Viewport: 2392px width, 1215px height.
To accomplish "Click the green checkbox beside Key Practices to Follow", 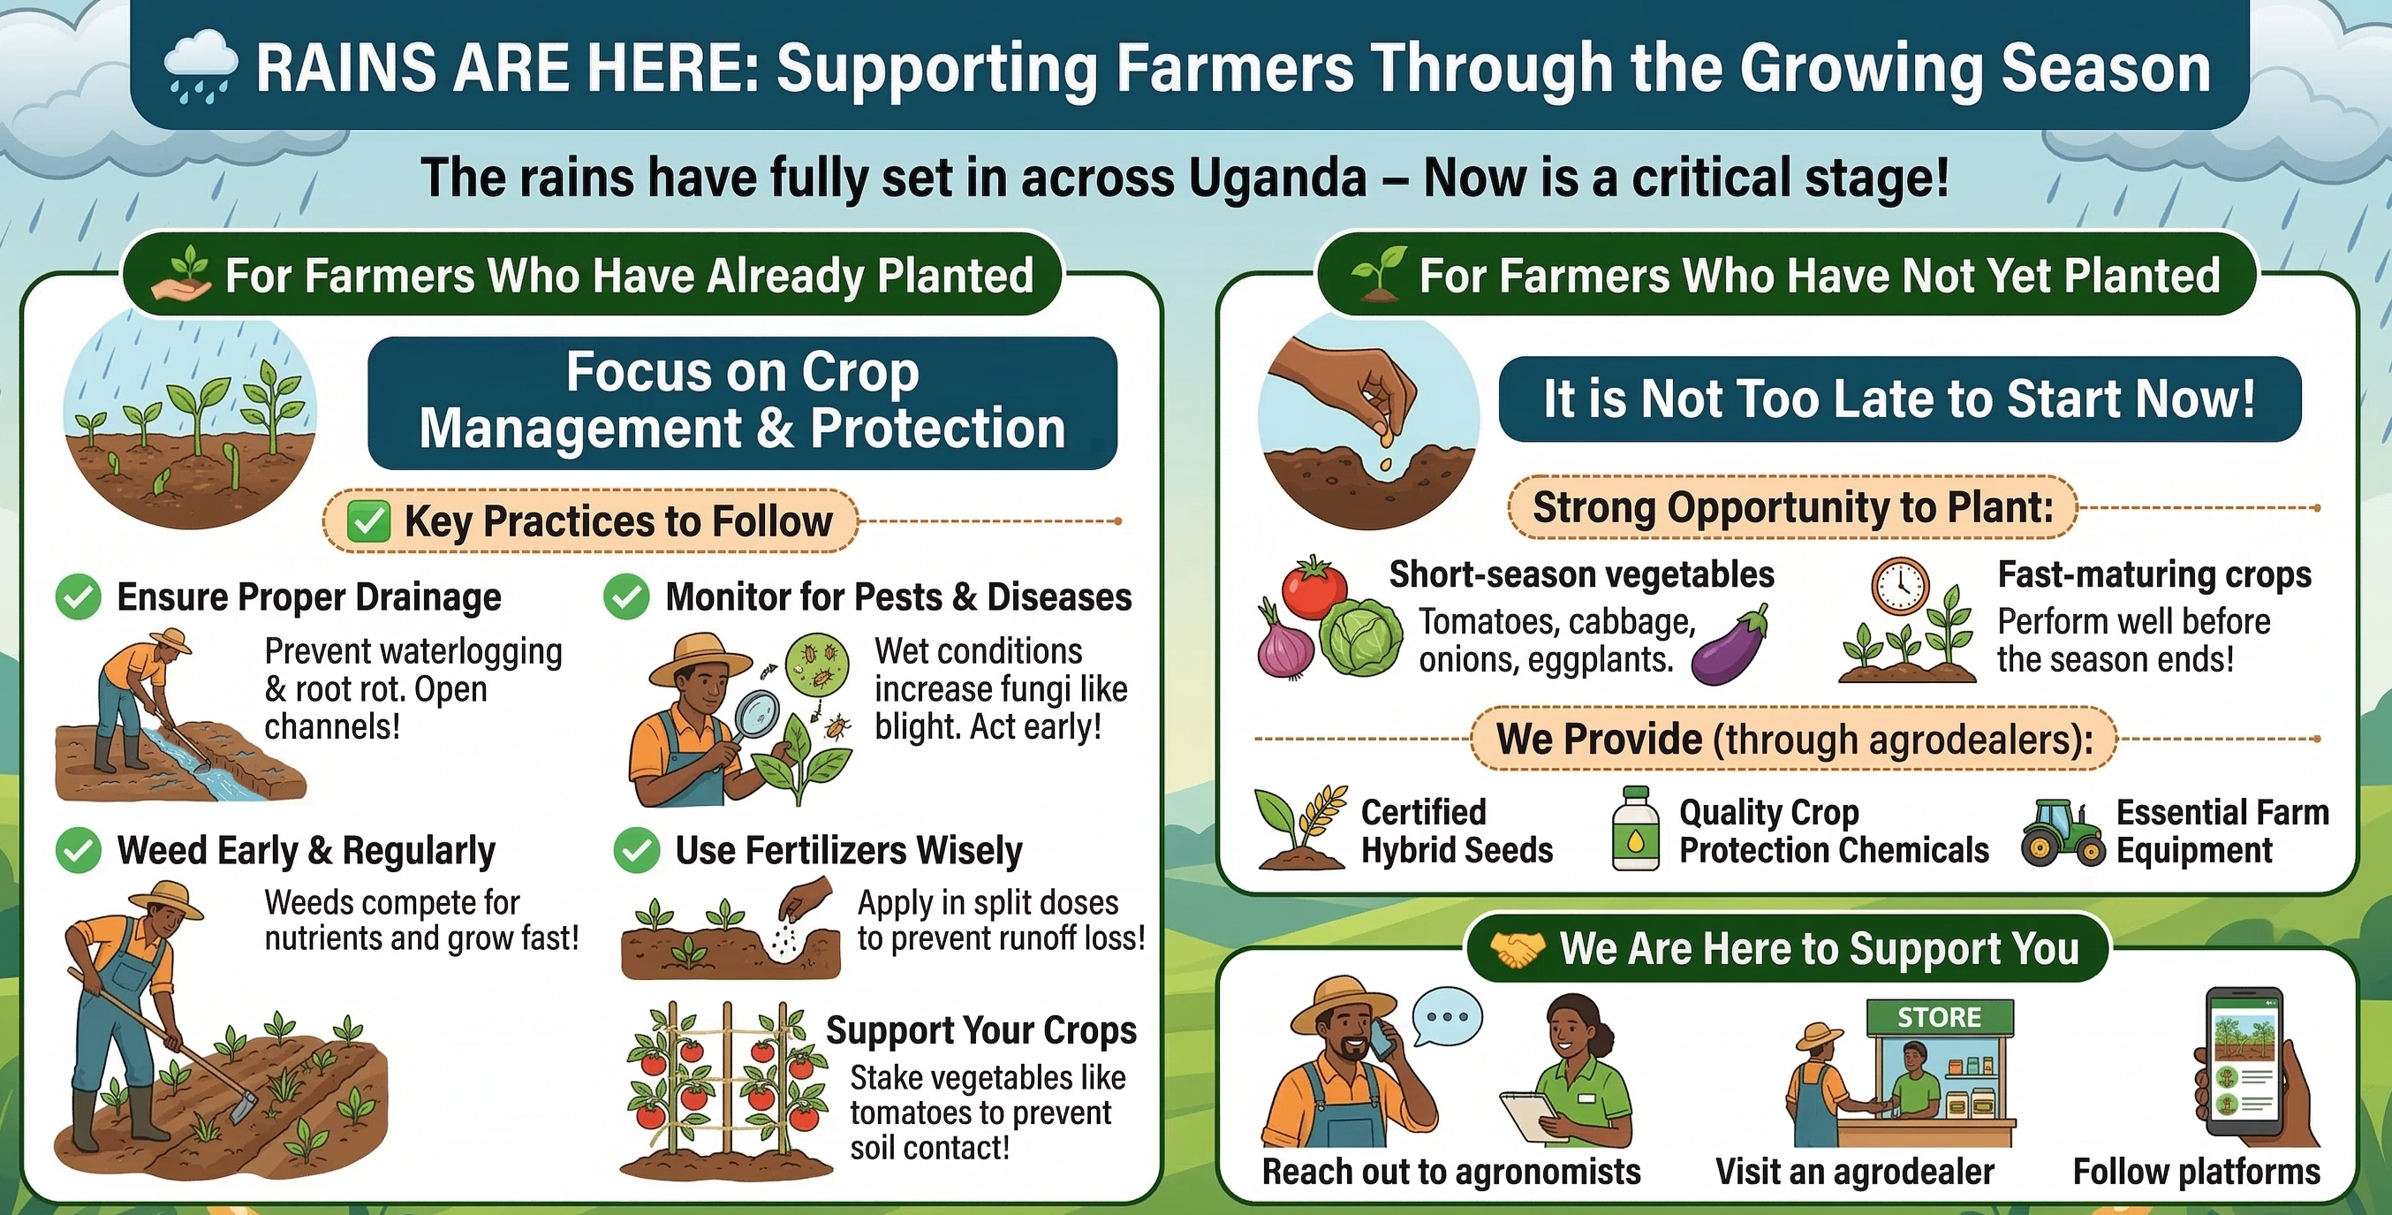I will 368,521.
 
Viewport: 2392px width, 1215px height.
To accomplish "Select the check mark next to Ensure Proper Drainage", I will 78,597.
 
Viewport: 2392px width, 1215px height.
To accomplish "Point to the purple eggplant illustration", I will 1729,647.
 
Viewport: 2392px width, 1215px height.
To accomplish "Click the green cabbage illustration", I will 1360,637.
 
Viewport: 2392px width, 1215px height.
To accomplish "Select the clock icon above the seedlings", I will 1900,586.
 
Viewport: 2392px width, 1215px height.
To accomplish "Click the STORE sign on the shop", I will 1939,1017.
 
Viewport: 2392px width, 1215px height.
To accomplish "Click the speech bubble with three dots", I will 1447,1017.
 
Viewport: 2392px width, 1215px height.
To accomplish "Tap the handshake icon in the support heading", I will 1518,949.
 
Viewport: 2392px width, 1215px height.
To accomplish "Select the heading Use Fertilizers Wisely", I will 848,851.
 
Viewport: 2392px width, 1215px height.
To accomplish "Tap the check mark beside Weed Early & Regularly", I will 78,851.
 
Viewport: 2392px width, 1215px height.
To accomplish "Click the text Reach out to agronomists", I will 1450,1173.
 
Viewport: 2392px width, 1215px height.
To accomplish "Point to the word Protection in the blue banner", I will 937,429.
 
